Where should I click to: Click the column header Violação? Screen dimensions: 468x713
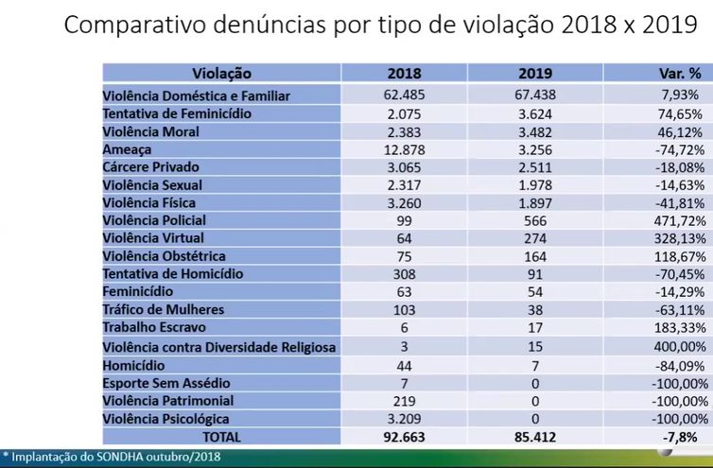[x=222, y=73]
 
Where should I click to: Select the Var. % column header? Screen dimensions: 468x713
[x=678, y=73]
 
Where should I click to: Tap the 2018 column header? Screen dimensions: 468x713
[x=406, y=73]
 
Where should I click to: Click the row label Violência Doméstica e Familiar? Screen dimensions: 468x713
[x=196, y=95]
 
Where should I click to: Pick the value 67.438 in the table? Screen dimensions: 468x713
[x=534, y=95]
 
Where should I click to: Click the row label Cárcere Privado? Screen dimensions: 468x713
[x=153, y=166]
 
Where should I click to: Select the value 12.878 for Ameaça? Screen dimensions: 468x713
[x=406, y=149]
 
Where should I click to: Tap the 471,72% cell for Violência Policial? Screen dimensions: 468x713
[x=677, y=220]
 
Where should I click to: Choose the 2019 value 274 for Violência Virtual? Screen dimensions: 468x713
[x=534, y=238]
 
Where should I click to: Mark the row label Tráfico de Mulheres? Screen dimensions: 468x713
[x=164, y=310]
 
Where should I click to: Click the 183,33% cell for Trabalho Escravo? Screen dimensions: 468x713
[x=677, y=327]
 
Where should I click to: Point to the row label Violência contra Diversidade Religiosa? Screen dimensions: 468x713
[x=218, y=347]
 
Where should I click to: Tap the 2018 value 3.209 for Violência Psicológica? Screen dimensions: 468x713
[x=406, y=417]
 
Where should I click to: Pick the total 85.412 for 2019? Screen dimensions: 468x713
[x=534, y=437]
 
